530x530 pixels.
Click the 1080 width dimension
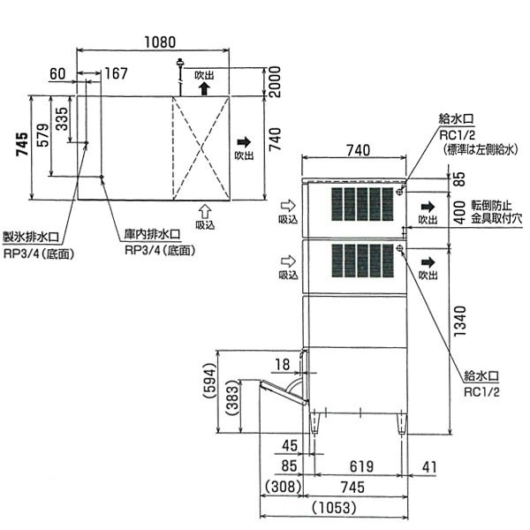(x=160, y=42)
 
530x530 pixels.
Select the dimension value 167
(x=116, y=73)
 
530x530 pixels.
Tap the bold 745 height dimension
(x=23, y=144)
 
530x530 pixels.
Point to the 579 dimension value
(x=42, y=135)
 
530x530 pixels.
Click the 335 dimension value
(x=62, y=119)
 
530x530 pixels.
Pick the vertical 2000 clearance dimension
(x=275, y=82)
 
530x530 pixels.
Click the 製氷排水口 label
(x=31, y=237)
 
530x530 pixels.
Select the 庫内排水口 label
(x=152, y=234)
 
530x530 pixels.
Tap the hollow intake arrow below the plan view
(x=205, y=212)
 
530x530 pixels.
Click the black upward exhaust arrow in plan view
(x=204, y=88)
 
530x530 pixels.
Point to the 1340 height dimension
(x=460, y=322)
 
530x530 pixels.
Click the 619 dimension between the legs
(x=361, y=466)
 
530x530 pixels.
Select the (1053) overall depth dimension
(x=334, y=507)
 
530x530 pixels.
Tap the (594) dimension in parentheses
(x=211, y=381)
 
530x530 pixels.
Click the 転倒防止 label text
(x=491, y=206)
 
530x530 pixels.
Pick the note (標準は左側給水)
(x=481, y=150)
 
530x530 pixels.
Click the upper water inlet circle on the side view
(x=399, y=192)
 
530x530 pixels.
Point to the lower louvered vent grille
(x=362, y=261)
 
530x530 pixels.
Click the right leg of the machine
(x=402, y=424)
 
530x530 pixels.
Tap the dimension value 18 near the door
(x=283, y=364)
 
